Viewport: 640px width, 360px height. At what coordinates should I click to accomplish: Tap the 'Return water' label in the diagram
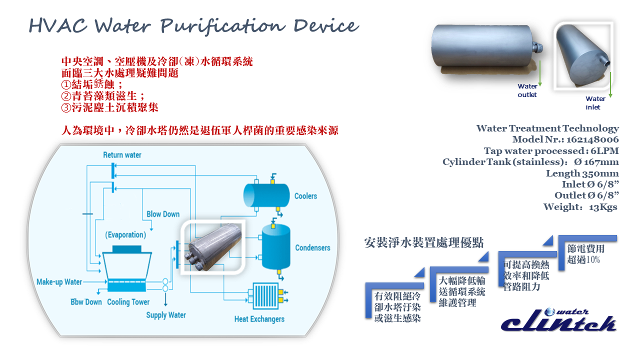pyautogui.click(x=122, y=155)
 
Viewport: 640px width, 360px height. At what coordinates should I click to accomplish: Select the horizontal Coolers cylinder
pyautogui.click(x=266, y=195)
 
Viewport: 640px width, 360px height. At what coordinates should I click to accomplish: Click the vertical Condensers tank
pyautogui.click(x=276, y=247)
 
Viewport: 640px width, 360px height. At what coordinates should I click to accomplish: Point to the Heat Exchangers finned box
pyautogui.click(x=265, y=296)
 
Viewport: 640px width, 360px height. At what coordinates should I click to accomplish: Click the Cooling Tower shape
pyautogui.click(x=127, y=268)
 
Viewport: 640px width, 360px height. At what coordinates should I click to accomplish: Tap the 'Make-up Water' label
pyautogui.click(x=59, y=282)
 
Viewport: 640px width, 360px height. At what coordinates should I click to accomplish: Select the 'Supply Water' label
pyautogui.click(x=166, y=315)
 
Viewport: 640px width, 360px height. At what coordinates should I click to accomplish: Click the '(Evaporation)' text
pyautogui.click(x=125, y=235)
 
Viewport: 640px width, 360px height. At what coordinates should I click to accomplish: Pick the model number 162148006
pyautogui.click(x=592, y=139)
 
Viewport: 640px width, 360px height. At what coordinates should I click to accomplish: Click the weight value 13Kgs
pyautogui.click(x=603, y=207)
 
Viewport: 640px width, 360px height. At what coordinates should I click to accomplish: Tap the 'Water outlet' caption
pyautogui.click(x=527, y=90)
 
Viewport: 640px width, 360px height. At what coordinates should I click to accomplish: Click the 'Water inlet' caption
pyautogui.click(x=595, y=103)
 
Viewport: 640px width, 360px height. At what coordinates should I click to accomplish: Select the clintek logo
pyautogui.click(x=558, y=320)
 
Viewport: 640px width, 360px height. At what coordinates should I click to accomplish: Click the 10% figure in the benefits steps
pyautogui.click(x=593, y=259)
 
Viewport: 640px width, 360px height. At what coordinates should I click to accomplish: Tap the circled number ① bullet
pyautogui.click(x=66, y=84)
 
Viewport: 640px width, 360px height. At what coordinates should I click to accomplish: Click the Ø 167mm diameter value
pyautogui.click(x=596, y=162)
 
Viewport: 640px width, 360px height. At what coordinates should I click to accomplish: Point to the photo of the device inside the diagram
pyautogui.click(x=213, y=247)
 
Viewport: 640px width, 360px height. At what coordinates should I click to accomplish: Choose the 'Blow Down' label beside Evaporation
pyautogui.click(x=163, y=214)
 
